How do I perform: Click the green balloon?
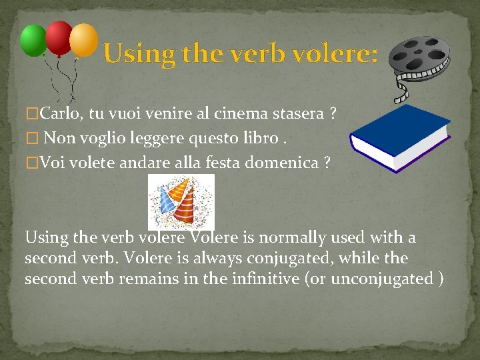[x=33, y=40]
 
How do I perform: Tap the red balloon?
[x=59, y=37]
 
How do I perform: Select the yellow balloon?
[x=83, y=40]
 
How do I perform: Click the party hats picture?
[x=181, y=201]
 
